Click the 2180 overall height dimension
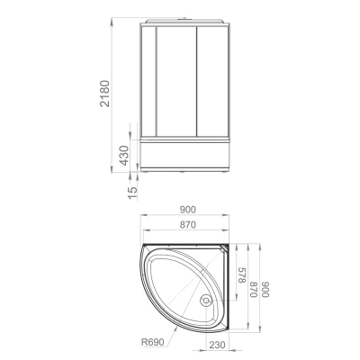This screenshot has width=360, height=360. coord(105,94)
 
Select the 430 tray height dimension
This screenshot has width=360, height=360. coord(124,155)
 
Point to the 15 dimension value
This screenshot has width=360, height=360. coord(132,193)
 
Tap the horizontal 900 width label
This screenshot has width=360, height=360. coord(188,210)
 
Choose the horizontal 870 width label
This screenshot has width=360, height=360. coord(188,224)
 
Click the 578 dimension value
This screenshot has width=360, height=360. coord(242,275)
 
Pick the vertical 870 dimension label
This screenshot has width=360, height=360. coord(254,289)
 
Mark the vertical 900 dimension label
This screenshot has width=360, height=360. coord(265,289)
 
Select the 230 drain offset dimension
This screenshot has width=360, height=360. coord(217,345)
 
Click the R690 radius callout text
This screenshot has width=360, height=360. coord(153,342)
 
